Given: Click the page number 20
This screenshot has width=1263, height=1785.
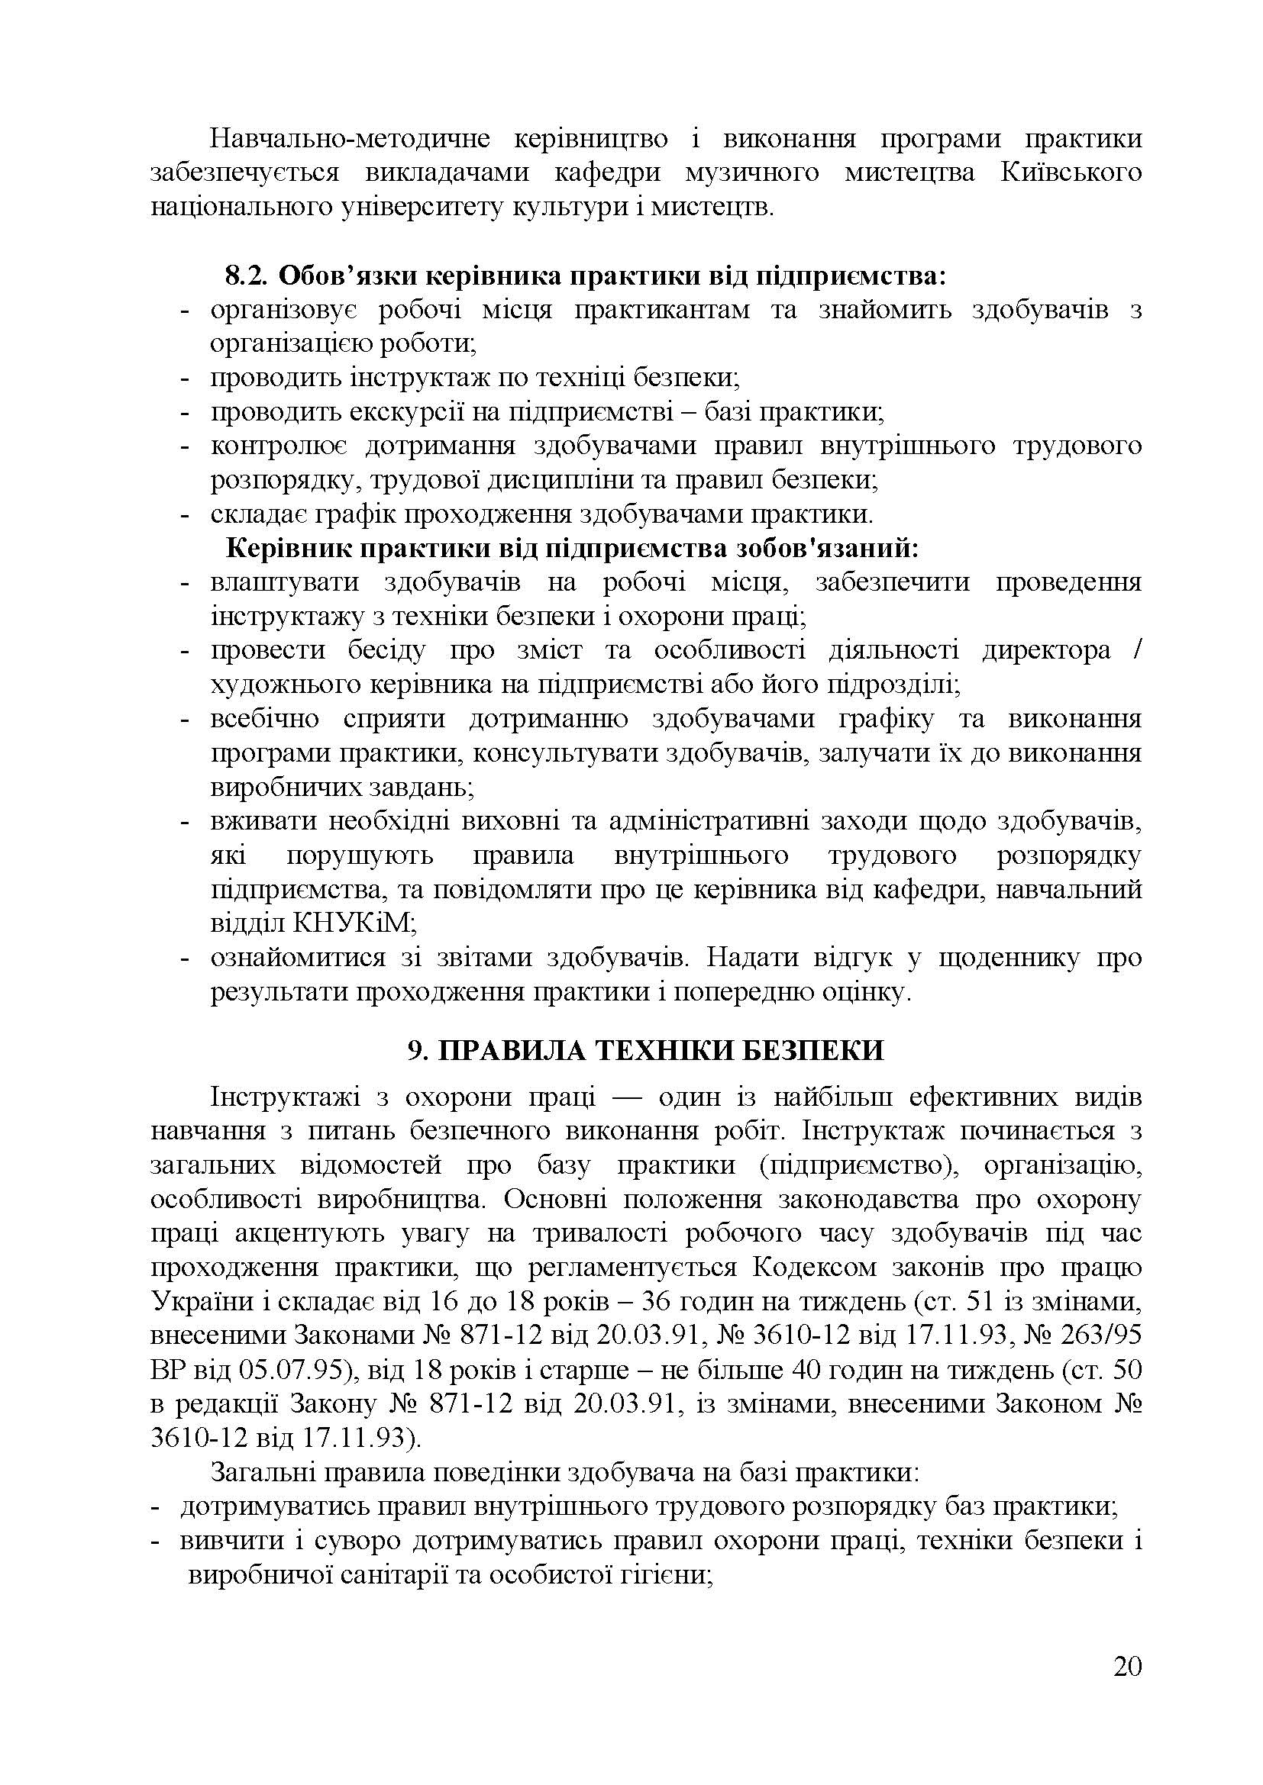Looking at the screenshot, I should pos(1127,1688).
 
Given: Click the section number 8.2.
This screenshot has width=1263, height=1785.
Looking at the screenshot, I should pos(247,275).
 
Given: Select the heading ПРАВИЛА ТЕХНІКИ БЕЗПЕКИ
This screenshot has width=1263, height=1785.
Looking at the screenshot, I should pos(660,1049).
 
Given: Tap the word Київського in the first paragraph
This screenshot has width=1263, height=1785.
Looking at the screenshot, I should pos(1070,172).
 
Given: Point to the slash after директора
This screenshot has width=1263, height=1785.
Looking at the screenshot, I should pos(1136,650).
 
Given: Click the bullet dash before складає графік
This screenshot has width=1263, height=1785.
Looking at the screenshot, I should pos(185,514).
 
